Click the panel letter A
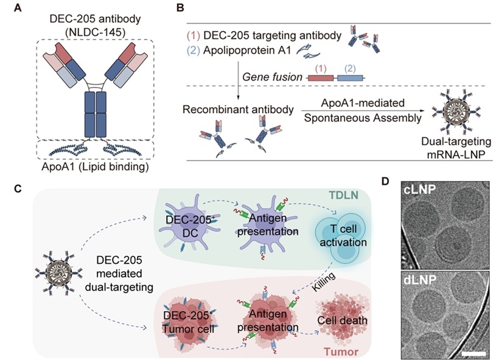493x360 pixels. click(x=14, y=8)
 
